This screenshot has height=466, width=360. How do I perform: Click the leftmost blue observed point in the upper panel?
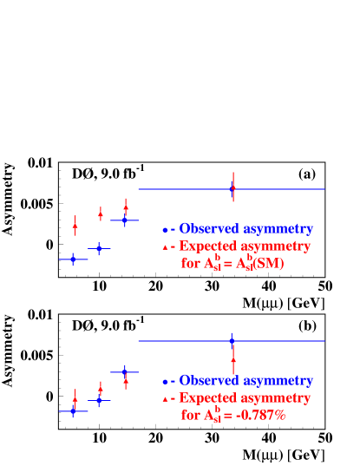73,259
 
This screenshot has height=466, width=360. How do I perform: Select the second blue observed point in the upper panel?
100,248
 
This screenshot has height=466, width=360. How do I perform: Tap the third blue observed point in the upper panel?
125,220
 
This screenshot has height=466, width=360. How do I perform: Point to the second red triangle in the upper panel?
101,213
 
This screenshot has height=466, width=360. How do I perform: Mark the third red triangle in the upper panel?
126,208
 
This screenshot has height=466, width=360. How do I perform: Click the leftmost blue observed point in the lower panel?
73,411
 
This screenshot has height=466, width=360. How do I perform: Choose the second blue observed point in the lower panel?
99,400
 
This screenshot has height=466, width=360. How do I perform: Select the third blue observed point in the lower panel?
125,372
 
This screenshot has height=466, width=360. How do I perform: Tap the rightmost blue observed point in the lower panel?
232,340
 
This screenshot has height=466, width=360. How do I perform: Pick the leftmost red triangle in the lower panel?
75,400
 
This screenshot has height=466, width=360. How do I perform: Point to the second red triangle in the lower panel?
101,388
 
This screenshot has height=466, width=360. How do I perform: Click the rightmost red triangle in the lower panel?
232,358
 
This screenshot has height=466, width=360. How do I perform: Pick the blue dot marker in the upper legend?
164,230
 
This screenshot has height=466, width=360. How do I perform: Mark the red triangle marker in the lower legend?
164,399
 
